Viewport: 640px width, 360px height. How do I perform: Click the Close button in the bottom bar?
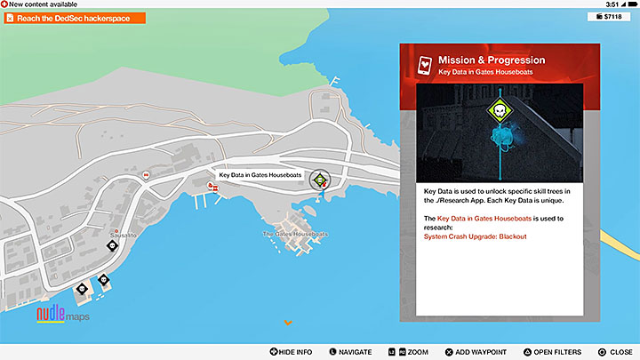click(614, 352)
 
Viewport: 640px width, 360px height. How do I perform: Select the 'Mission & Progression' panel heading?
click(492, 60)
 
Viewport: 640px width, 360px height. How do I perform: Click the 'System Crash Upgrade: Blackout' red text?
click(476, 236)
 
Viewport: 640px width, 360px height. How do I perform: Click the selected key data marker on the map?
click(319, 180)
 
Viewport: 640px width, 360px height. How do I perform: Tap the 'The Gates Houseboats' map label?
click(295, 234)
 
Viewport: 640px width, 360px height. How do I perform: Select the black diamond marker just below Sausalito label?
click(112, 245)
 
